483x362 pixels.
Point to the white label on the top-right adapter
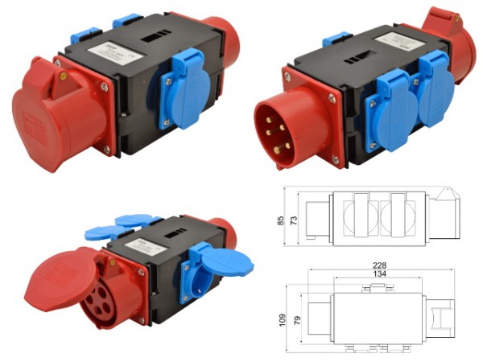390,42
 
